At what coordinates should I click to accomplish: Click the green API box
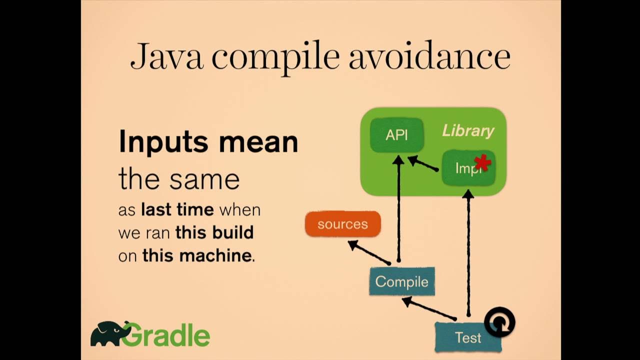coord(396,135)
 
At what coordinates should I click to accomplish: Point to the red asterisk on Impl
coord(482,162)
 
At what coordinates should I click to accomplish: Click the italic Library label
coord(468,131)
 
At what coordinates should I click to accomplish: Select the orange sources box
coord(342,224)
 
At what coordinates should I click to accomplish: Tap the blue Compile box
coord(401,281)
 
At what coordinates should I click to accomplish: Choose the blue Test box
coord(468,337)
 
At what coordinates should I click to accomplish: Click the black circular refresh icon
coord(499,322)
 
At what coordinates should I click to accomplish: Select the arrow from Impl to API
coord(423,164)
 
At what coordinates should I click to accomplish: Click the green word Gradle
coord(165,335)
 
